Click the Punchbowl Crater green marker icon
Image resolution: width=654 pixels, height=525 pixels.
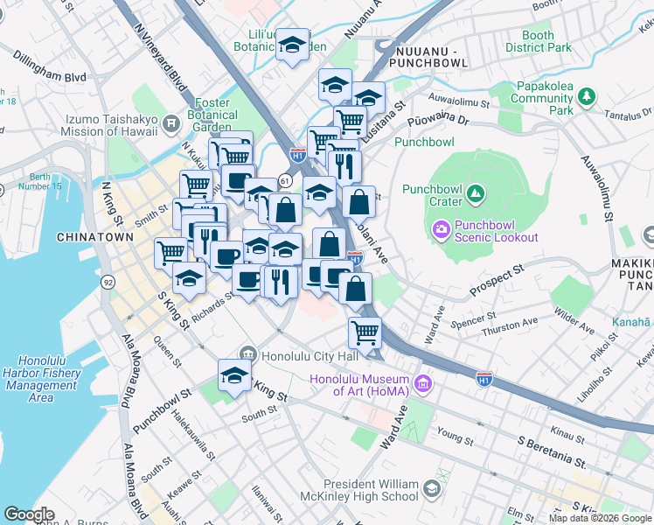[x=475, y=192]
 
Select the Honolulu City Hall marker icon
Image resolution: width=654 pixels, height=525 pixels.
[x=248, y=354]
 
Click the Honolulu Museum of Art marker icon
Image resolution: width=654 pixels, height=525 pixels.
[x=424, y=383]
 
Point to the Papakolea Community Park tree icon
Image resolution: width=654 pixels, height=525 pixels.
[x=588, y=94]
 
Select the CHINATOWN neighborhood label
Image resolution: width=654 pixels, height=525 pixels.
[x=94, y=237]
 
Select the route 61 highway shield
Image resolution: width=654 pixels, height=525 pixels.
[x=285, y=179]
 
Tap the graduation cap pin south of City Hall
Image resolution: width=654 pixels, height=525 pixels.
[x=233, y=375]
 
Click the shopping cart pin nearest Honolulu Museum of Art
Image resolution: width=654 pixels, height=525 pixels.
[x=364, y=332]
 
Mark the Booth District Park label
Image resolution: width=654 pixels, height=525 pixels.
[x=538, y=41]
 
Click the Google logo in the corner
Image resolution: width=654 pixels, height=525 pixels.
[x=29, y=514]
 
